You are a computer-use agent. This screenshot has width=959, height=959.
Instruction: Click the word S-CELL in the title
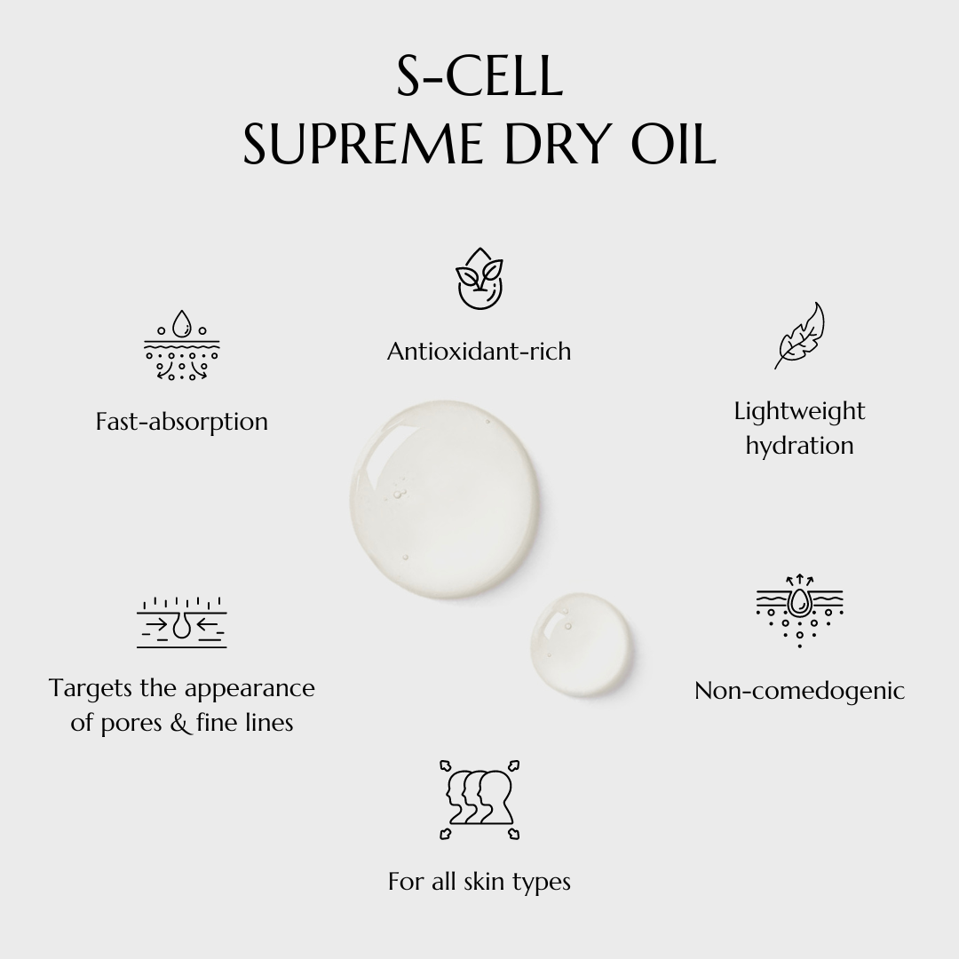(479, 75)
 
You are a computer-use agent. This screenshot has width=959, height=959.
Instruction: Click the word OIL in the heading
(673, 144)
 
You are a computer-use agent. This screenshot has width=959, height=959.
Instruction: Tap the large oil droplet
(445, 500)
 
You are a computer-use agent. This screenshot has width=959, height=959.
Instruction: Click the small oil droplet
(582, 644)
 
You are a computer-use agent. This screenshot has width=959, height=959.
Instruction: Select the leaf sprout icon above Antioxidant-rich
(480, 278)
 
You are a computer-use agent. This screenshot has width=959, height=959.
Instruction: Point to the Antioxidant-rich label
(479, 351)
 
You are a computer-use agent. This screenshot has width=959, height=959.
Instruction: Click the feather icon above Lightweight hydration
(799, 335)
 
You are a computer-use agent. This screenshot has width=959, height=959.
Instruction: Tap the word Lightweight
(799, 411)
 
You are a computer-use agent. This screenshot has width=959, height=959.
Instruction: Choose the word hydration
(799, 445)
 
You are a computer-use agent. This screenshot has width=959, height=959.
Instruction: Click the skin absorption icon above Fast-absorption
(182, 345)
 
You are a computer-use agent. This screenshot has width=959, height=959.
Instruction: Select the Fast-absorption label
(182, 422)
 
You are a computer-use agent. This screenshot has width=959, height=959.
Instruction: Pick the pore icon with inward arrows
(182, 622)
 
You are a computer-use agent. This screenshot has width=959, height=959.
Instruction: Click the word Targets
(91, 688)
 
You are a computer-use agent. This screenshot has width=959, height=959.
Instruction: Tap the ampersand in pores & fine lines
(179, 722)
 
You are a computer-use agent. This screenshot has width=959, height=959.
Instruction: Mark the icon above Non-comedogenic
(799, 610)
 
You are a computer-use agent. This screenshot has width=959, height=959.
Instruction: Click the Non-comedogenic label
(799, 691)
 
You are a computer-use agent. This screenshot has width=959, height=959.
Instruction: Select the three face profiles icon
(479, 799)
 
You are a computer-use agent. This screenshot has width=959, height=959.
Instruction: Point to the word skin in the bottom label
(485, 882)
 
